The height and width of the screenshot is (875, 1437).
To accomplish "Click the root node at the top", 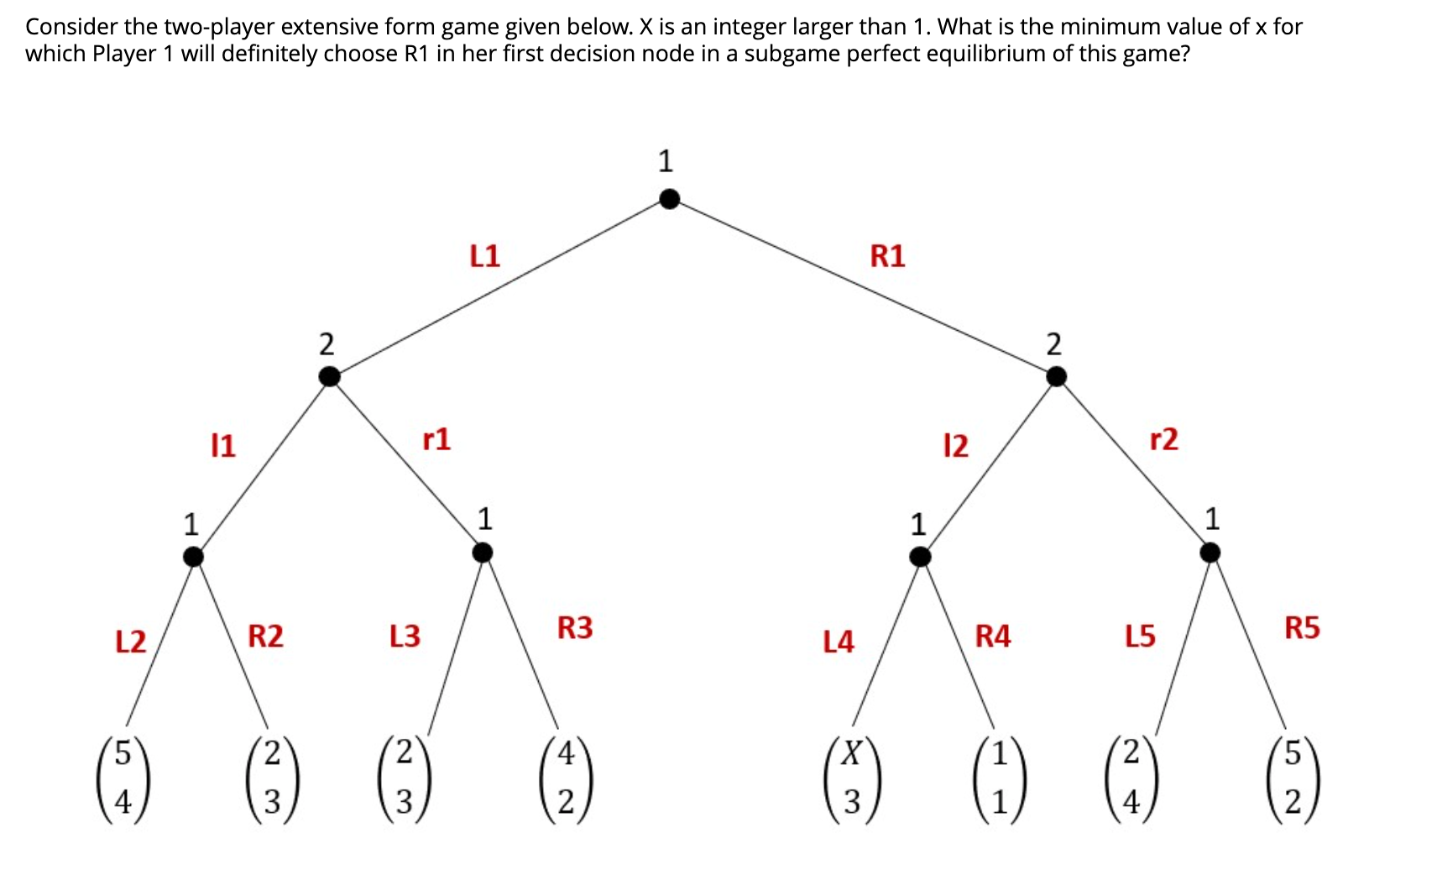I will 669,199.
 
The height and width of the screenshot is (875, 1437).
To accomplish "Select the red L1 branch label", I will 484,255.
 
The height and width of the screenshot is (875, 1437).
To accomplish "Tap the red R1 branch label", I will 887,255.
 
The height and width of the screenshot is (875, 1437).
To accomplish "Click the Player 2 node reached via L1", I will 330,377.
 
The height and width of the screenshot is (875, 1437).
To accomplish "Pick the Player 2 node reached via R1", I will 1056,377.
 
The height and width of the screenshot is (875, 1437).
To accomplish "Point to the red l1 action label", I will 223,444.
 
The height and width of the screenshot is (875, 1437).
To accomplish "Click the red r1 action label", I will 436,439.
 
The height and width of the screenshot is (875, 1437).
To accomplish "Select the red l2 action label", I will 955,444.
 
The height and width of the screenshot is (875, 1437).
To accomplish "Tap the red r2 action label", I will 1163,439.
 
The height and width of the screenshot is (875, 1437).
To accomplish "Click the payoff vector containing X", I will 851,778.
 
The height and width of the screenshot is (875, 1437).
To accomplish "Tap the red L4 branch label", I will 838,642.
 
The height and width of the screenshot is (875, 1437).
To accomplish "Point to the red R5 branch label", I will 1302,628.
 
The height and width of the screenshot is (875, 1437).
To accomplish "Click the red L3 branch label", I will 405,636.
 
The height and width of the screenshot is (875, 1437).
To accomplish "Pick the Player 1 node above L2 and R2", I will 194,556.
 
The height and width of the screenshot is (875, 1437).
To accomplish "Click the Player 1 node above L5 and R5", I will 1210,553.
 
